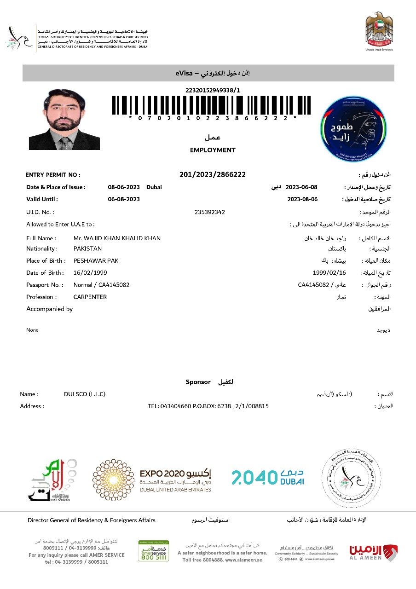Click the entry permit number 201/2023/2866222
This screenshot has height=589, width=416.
click(212, 174)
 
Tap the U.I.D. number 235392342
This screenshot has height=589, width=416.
click(210, 212)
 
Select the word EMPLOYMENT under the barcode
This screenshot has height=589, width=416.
click(213, 150)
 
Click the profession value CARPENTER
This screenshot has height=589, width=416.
click(90, 297)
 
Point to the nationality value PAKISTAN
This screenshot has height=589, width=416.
click(87, 248)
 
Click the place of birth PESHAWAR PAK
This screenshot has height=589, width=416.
click(96, 261)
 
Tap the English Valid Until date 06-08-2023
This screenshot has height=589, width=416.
click(124, 199)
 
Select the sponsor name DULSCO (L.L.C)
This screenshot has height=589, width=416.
click(85, 394)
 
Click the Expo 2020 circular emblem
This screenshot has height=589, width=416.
click(114, 480)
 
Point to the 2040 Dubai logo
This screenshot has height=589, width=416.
click(267, 477)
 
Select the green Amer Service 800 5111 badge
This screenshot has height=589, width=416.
click(153, 551)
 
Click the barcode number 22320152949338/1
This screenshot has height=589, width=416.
click(212, 90)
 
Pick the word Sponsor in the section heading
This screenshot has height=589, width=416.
click(198, 382)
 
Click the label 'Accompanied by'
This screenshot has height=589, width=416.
click(50, 309)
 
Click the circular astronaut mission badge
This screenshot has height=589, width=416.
click(353, 128)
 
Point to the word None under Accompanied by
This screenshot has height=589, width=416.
click(32, 330)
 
